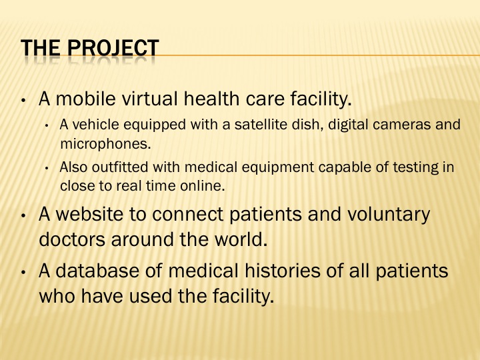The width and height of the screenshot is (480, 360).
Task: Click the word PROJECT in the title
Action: [x=113, y=48]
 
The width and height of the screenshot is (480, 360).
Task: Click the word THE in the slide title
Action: [x=41, y=48]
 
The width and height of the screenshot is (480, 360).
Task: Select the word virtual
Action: [x=150, y=99]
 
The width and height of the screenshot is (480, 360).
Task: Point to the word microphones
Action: [x=105, y=143]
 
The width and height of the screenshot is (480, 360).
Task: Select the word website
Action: [x=89, y=214]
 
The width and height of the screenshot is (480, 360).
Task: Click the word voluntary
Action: [x=389, y=215]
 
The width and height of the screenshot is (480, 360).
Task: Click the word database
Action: [x=97, y=271]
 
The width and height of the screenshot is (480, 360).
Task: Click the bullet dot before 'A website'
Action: [x=23, y=215]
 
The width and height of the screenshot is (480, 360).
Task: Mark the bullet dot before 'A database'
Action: [x=23, y=272]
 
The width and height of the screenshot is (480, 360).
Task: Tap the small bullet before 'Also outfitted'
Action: [x=47, y=169]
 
